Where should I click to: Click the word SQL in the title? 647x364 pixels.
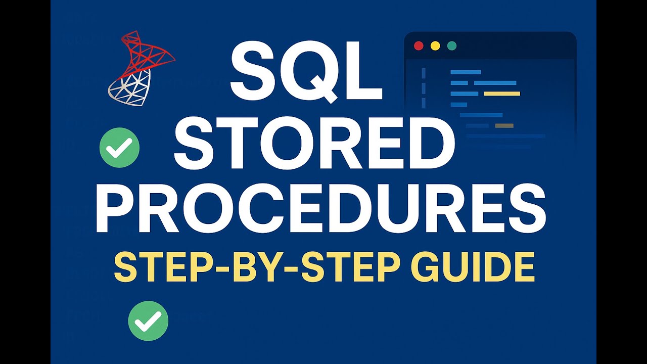(306, 71)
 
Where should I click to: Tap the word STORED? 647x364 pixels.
(314, 143)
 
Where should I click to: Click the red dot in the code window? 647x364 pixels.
(419, 45)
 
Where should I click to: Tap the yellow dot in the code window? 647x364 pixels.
(435, 45)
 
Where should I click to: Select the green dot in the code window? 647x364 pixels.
(452, 45)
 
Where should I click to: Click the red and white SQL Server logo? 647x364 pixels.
(141, 68)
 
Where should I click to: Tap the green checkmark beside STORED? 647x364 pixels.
(120, 148)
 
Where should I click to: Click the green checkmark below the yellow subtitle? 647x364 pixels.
(148, 321)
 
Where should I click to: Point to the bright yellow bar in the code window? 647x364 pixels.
(502, 94)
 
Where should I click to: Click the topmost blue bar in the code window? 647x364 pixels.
(466, 72)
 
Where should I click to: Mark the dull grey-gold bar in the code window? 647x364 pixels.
(504, 126)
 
